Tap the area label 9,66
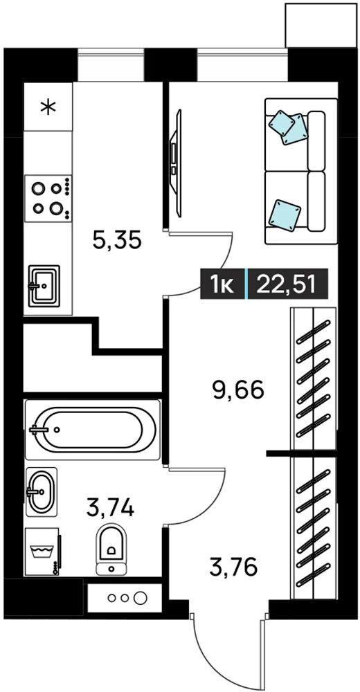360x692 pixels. click(239, 390)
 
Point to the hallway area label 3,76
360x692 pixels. click(233, 567)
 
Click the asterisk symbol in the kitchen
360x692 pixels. click(48, 107)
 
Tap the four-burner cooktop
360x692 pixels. click(48, 198)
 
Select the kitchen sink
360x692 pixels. click(44, 286)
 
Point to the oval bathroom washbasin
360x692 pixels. click(42, 491)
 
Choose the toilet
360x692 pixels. click(111, 549)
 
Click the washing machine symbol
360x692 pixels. click(43, 552)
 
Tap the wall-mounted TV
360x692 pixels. click(177, 163)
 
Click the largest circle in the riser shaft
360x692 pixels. click(141, 598)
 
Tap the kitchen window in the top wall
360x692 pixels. click(111, 65)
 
